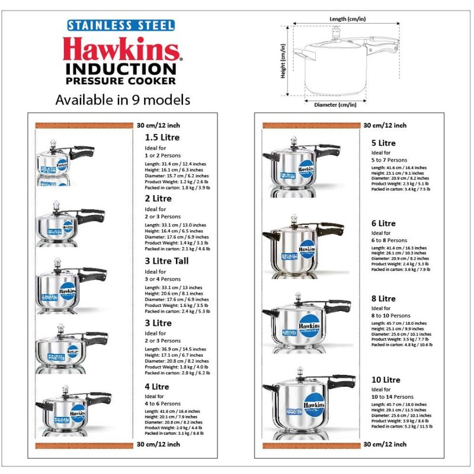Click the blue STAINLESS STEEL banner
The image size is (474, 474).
[x=120, y=25]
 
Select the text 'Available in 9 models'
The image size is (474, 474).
[x=123, y=99]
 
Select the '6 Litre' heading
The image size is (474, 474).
[x=383, y=223]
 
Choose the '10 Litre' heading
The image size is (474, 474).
[x=386, y=380]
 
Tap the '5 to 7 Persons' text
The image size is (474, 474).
[x=389, y=160]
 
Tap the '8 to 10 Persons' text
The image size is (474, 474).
[x=390, y=316]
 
